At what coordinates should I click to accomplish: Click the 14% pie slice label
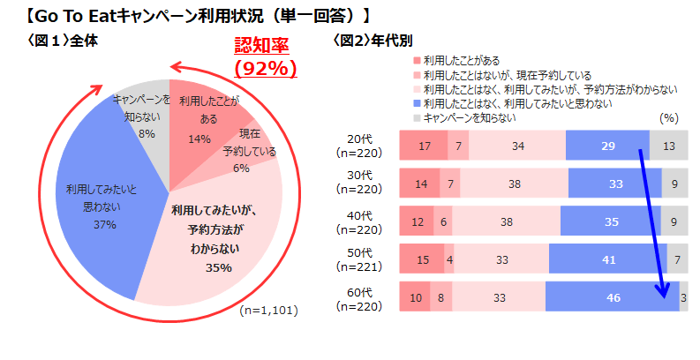click(199, 139)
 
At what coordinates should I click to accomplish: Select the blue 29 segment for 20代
click(606, 145)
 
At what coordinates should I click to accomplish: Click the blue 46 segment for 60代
click(612, 297)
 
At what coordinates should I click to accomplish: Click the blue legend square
click(418, 103)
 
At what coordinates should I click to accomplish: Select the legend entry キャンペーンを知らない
click(469, 117)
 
